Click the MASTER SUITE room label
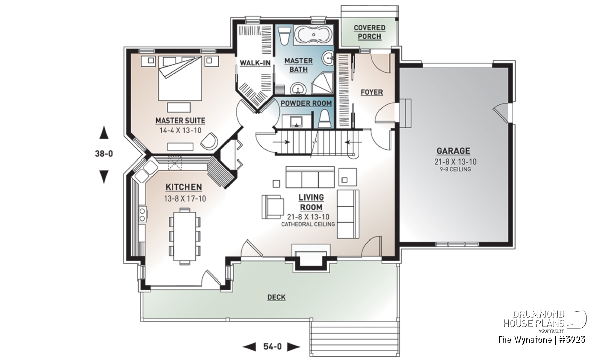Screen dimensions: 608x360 [180, 121]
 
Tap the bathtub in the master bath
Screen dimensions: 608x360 [314, 35]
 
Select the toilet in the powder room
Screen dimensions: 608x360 [324, 119]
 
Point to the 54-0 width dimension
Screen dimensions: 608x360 [272, 346]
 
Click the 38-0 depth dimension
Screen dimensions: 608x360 [104, 154]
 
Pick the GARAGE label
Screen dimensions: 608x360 [453, 151]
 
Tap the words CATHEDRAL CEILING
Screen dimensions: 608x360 [308, 224]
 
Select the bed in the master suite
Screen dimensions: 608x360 [180, 78]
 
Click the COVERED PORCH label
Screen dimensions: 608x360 [369, 32]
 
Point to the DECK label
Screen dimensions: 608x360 [276, 297]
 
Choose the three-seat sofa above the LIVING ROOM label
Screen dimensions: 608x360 [310, 177]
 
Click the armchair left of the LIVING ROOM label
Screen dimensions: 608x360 [273, 207]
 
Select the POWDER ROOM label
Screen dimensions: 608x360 [306, 103]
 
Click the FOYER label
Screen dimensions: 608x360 [371, 92]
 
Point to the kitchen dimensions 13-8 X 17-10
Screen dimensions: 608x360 [185, 198]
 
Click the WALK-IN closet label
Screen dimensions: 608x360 [255, 63]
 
